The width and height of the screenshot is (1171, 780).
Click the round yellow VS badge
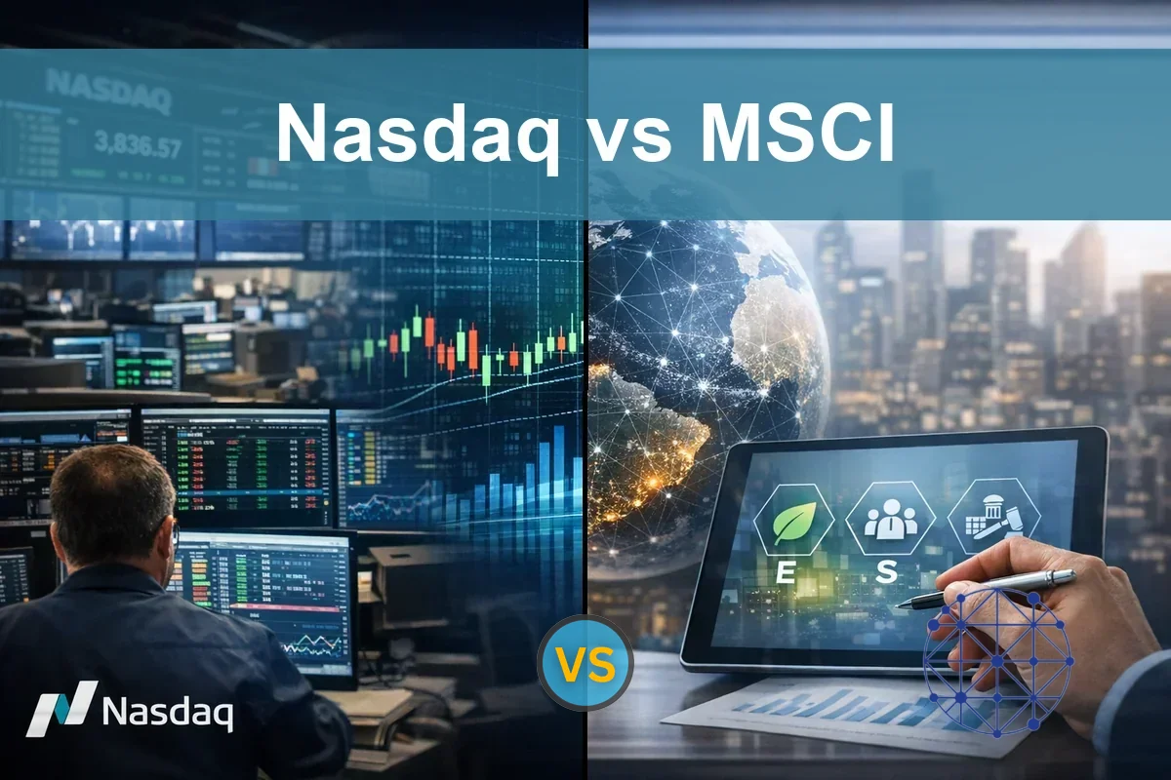(585, 667)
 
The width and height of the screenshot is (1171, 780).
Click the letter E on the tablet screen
(784, 573)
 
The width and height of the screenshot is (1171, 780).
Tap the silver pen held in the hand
(986, 589)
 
